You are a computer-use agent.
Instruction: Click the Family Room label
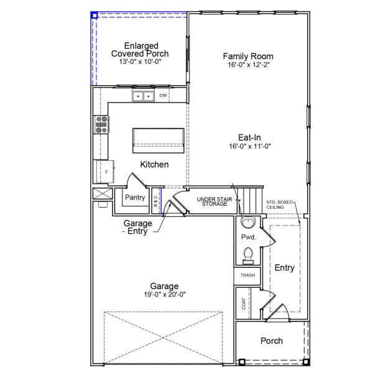248,57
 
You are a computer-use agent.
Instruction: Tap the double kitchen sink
143,96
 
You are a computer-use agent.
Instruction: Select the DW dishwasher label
163,96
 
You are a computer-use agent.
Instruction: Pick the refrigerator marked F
104,172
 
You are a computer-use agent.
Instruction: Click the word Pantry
134,198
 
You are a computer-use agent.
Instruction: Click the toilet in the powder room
248,255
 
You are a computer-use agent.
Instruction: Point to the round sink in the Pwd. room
248,223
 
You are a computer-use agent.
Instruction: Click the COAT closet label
244,304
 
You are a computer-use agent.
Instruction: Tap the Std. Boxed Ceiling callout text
280,205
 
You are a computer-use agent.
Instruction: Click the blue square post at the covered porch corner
94,14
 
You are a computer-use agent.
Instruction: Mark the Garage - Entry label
137,228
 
